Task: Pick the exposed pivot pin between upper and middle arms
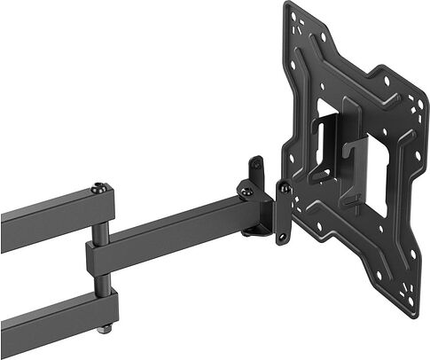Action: tap(103, 232)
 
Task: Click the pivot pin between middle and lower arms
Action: tap(103, 281)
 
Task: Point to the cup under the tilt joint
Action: tap(257, 228)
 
